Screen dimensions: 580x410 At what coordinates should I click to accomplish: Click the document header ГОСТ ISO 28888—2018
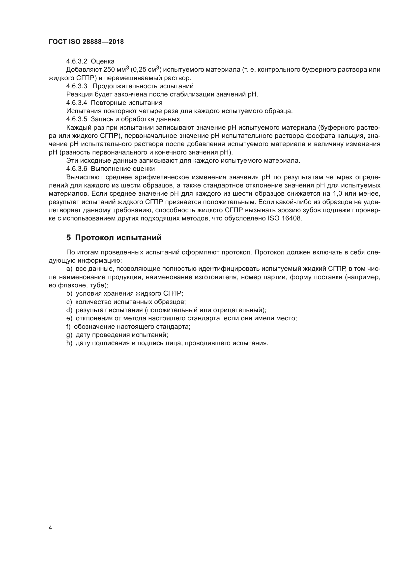coord(86,42)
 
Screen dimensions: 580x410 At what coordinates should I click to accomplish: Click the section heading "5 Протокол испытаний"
coord(114,238)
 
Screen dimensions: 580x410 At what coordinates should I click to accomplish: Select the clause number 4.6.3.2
coord(77,61)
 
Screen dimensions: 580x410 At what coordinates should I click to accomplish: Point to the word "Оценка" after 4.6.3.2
coord(103,61)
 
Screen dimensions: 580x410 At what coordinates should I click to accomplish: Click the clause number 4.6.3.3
coord(77,86)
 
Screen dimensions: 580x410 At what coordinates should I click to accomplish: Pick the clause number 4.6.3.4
coord(77,103)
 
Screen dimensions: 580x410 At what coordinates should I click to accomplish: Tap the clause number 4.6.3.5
coord(77,119)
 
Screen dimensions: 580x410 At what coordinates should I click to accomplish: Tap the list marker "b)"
coord(69,294)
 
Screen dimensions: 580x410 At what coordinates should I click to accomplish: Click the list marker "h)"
coord(69,343)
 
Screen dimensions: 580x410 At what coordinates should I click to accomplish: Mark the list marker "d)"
coord(69,310)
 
